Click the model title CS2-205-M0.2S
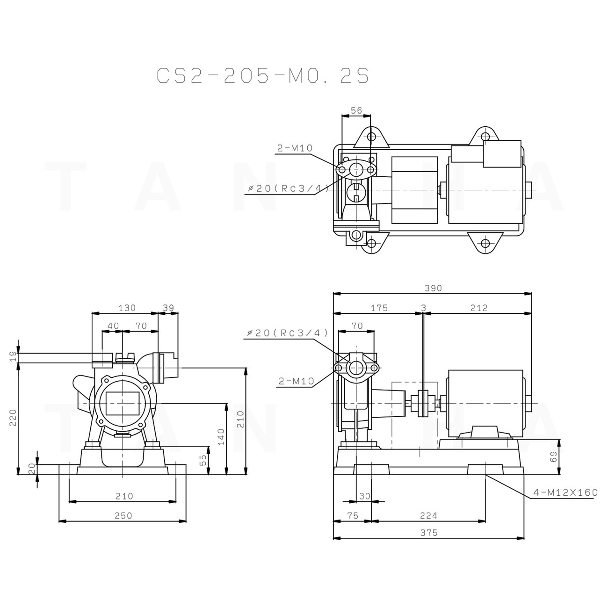[x=262, y=76]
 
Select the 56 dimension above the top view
[x=356, y=110]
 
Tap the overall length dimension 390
[x=434, y=288]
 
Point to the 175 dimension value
[x=379, y=308]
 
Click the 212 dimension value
[x=479, y=308]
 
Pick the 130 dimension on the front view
[x=127, y=308]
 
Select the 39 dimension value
[x=168, y=308]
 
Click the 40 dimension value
[x=113, y=326]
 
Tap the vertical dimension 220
[x=13, y=418]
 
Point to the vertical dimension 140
[x=221, y=437]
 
